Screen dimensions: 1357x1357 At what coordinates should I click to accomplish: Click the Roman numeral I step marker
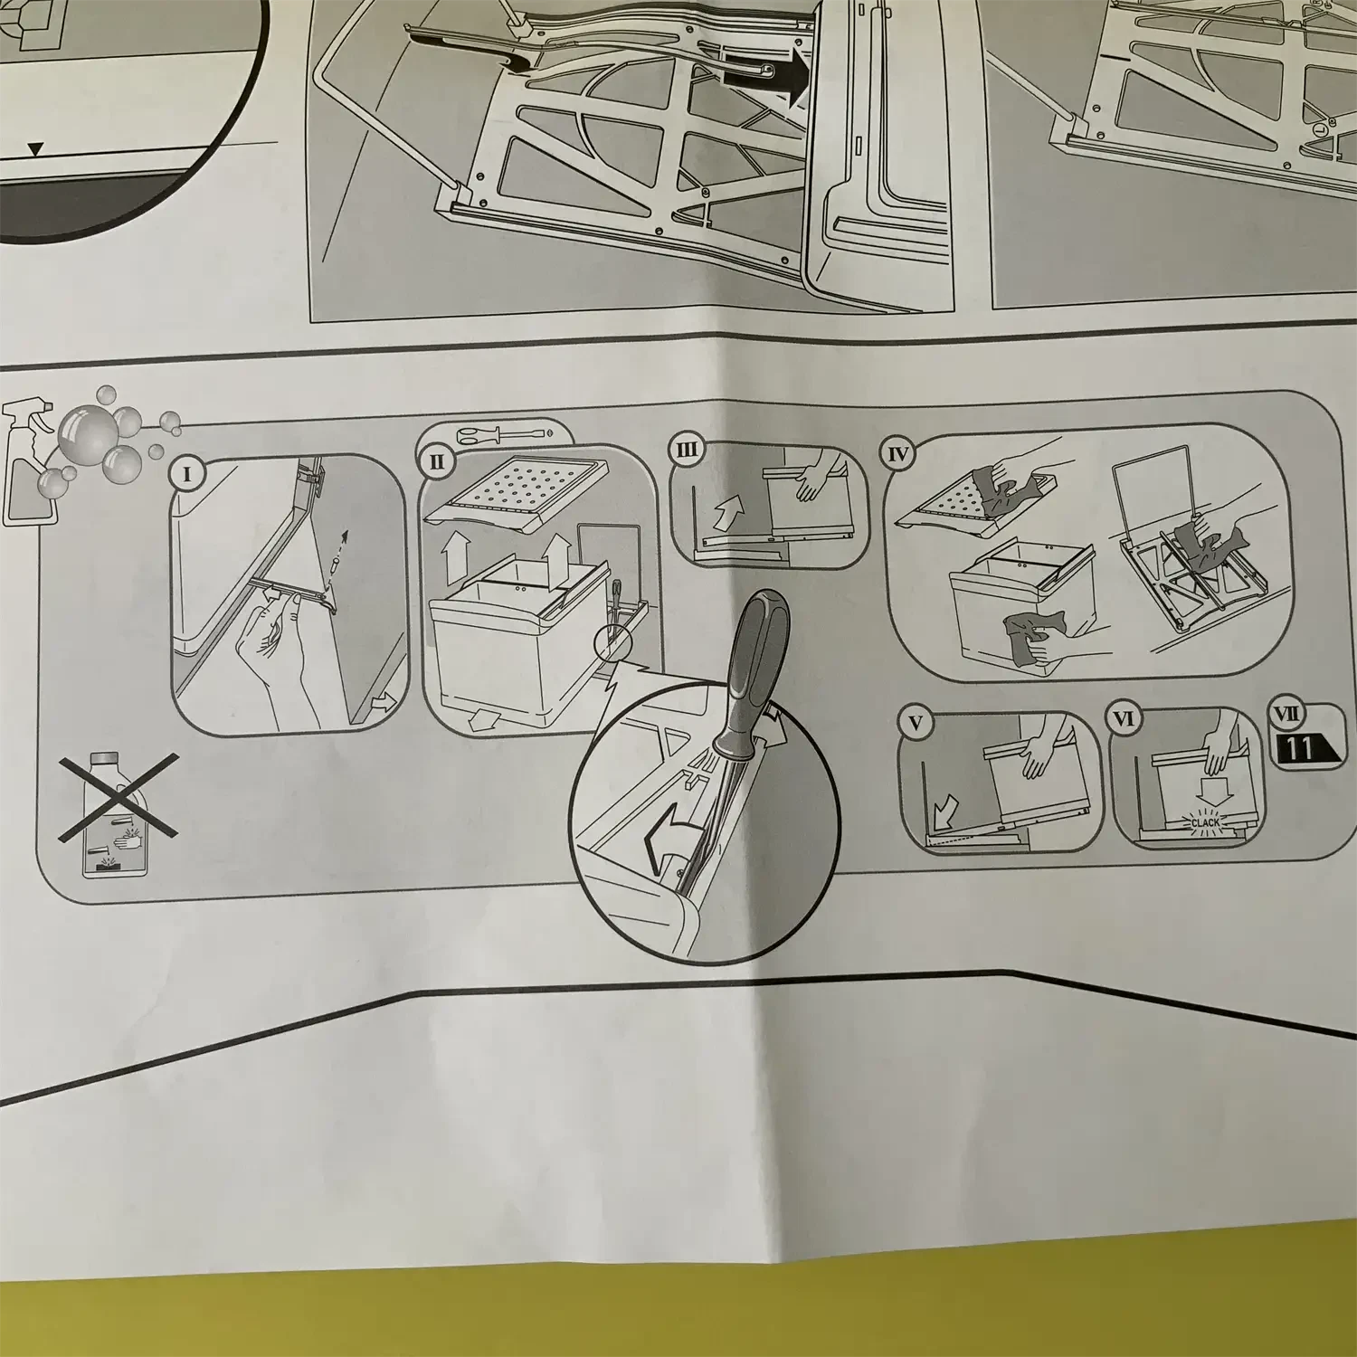(187, 473)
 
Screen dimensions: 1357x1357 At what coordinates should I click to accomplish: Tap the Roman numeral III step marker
(689, 451)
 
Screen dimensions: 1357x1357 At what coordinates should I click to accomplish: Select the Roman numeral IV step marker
(898, 454)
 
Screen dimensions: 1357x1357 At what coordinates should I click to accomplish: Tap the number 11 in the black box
(1302, 748)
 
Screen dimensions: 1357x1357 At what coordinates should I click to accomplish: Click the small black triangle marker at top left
(34, 149)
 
